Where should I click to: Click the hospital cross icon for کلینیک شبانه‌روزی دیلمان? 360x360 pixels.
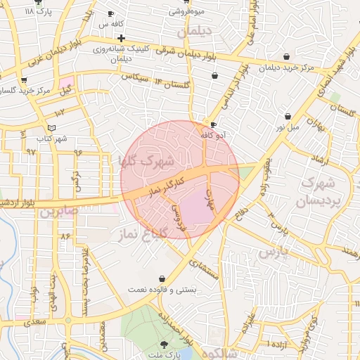coord(122,38)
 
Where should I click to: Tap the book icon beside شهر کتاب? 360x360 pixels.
coord(51,127)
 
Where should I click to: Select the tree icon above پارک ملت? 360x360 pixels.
coord(165,344)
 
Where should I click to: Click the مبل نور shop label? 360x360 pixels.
coord(288,127)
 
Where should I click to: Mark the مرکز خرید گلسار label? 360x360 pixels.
coord(25,91)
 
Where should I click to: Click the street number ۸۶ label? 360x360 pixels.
coord(65,236)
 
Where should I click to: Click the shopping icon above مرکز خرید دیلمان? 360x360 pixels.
coord(286,57)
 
